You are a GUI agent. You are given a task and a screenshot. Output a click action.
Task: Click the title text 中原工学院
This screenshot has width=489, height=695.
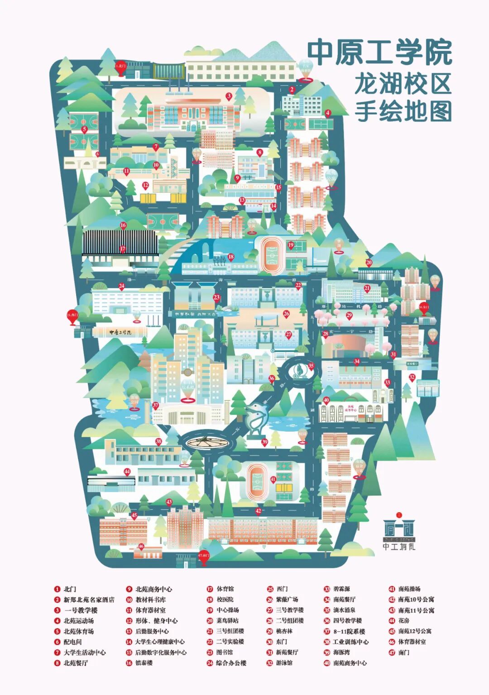click(x=379, y=53)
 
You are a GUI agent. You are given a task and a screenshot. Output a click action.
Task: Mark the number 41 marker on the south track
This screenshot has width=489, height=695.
click(x=273, y=479)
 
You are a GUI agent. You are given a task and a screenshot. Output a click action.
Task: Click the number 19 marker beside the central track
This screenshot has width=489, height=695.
click(x=291, y=245)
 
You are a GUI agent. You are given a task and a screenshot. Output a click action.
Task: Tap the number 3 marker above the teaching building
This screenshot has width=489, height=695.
click(x=229, y=96)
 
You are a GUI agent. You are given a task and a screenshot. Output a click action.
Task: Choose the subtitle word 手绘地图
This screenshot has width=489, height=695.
click(x=403, y=111)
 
